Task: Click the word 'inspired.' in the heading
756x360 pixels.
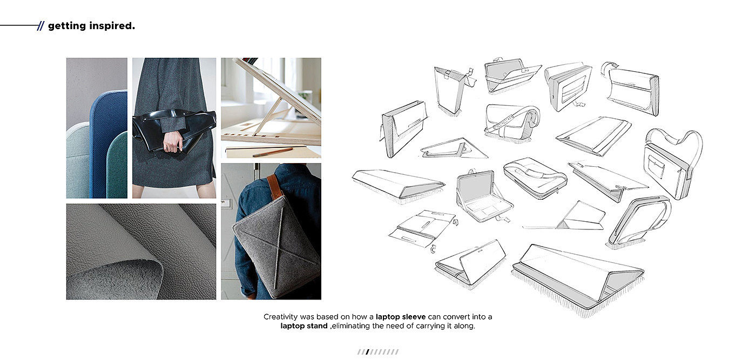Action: coord(112,26)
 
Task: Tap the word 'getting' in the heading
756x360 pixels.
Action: coord(67,26)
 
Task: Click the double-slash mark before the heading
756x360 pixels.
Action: coord(40,26)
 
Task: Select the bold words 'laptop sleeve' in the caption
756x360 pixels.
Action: coord(401,317)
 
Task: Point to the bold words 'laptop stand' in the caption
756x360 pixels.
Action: coord(303,326)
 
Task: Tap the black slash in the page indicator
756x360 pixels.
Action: coord(367,352)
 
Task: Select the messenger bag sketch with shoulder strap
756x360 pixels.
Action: coord(511,122)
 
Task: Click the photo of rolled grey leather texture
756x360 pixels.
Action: coord(141,252)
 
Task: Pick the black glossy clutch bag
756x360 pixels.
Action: coord(174,130)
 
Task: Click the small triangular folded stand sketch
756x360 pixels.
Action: coord(454,148)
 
